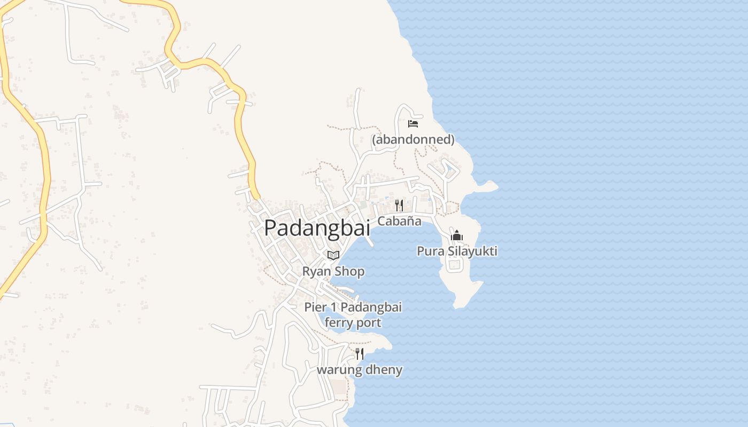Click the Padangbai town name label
click(x=317, y=228)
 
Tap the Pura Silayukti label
click(x=457, y=251)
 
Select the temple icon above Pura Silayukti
click(x=457, y=236)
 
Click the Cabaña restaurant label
click(x=399, y=221)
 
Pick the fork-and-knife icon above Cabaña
click(x=399, y=205)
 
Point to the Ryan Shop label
click(x=333, y=271)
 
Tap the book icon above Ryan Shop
click(x=333, y=255)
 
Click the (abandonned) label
click(x=413, y=140)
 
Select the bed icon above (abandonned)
click(x=413, y=124)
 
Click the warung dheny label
click(x=360, y=369)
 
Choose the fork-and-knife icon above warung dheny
click(x=360, y=353)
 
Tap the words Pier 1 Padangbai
click(x=353, y=307)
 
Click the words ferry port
click(x=353, y=323)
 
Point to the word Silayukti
click(x=470, y=251)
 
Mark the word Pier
click(x=315, y=307)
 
